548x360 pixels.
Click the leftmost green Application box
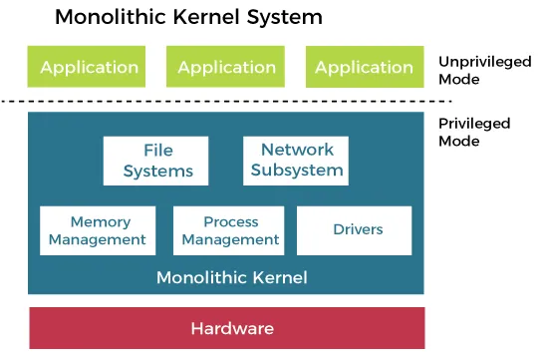(x=89, y=68)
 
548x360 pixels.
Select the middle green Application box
(x=226, y=68)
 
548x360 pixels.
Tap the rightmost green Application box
(x=364, y=68)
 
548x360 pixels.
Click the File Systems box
(x=157, y=161)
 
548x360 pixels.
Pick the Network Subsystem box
(x=297, y=161)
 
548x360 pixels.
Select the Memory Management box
(x=98, y=230)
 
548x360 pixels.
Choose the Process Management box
(x=230, y=230)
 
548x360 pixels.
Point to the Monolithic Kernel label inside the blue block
(x=231, y=277)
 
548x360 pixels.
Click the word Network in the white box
(x=297, y=151)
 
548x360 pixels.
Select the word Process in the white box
(x=230, y=221)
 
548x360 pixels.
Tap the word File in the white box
(x=157, y=151)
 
